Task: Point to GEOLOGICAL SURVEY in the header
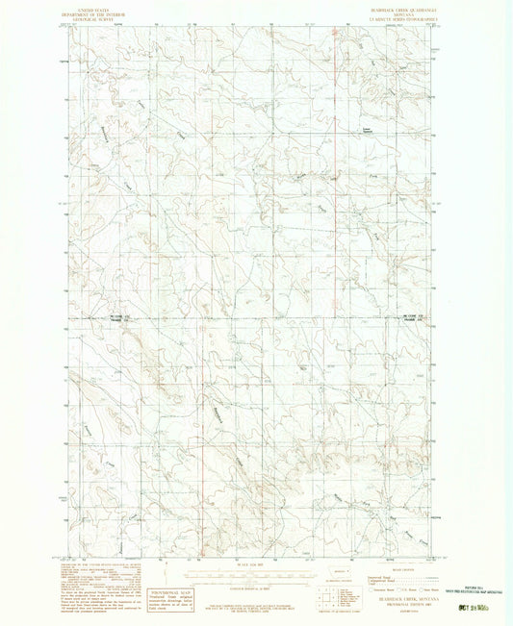pyautogui.click(x=92, y=18)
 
